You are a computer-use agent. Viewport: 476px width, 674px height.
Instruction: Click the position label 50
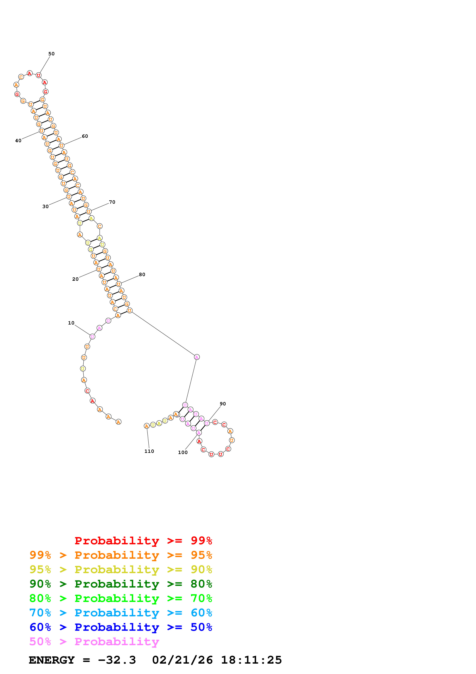[51, 54]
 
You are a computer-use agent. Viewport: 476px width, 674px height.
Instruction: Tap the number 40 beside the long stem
[18, 141]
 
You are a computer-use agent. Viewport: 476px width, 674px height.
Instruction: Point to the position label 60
[85, 136]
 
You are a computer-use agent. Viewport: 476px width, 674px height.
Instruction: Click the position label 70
[112, 202]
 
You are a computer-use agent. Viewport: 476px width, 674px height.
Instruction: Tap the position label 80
[142, 275]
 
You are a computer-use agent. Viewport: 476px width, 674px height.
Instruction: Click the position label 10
[71, 323]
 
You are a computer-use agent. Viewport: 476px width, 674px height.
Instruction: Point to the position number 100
[183, 452]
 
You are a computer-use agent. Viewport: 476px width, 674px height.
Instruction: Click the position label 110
[149, 451]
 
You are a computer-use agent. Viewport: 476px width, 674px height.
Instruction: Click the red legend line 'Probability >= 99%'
[143, 540]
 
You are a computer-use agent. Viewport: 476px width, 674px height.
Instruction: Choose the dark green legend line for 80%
[121, 584]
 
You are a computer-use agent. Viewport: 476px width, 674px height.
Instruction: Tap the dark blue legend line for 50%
[121, 627]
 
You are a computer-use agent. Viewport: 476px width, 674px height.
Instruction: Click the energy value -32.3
[117, 660]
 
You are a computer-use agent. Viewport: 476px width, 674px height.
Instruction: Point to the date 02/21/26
[182, 660]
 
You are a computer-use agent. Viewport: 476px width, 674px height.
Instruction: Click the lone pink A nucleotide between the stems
[197, 357]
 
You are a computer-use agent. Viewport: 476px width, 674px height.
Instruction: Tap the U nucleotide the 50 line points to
[38, 76]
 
